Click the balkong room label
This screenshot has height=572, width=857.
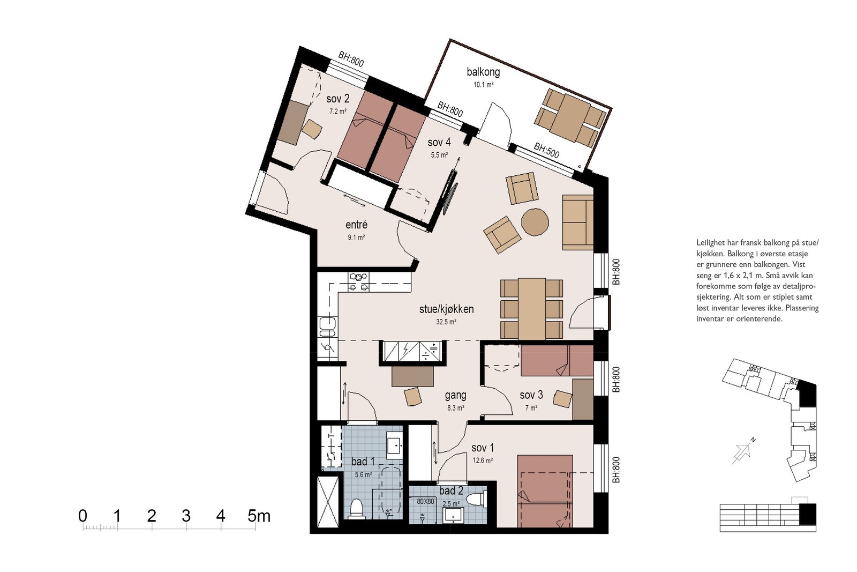click(x=483, y=72)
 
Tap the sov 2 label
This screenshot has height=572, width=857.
click(x=338, y=99)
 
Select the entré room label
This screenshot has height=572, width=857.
click(x=356, y=225)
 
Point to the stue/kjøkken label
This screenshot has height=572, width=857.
click(x=447, y=309)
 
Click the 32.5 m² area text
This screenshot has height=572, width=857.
click(x=447, y=322)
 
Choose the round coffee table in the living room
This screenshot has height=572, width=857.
click(x=535, y=222)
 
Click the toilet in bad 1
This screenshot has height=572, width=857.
click(x=356, y=508)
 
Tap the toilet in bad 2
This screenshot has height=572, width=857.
click(x=476, y=500)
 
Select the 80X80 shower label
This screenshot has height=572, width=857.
click(x=425, y=501)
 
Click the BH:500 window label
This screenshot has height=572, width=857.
click(x=546, y=151)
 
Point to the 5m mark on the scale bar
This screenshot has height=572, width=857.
click(x=259, y=516)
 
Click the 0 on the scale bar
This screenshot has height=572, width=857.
click(x=82, y=516)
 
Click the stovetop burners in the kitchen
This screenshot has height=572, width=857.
click(x=359, y=282)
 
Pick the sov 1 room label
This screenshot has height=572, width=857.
click(x=483, y=448)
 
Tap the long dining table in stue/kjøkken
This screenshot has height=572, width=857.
click(x=532, y=309)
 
